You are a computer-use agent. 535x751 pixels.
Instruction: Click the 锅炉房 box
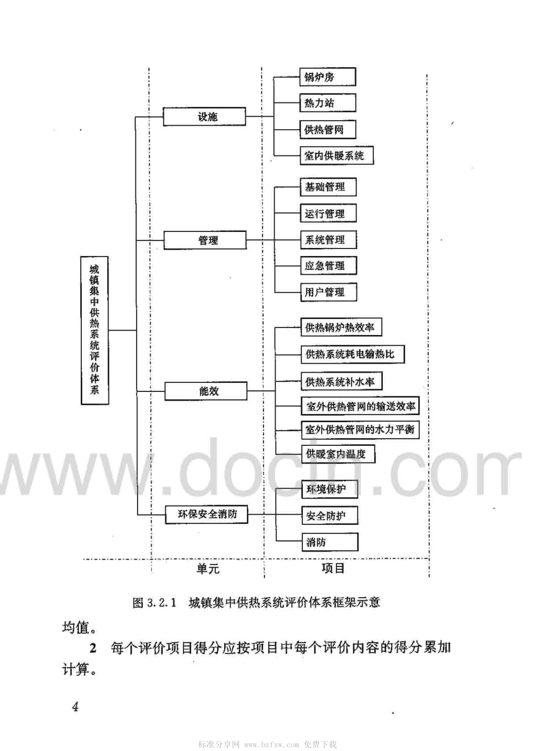(x=328, y=77)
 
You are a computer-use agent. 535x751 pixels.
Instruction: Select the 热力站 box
(x=328, y=103)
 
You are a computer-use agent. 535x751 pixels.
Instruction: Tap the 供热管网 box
(x=328, y=129)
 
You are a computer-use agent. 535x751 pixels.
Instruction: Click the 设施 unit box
(x=204, y=117)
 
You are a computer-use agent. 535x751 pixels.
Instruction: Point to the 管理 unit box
(x=205, y=240)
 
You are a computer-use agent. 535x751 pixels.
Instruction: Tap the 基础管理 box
(x=328, y=187)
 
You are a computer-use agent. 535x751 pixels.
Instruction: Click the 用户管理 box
(x=328, y=292)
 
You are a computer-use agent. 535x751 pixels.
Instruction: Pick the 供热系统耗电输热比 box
(x=353, y=355)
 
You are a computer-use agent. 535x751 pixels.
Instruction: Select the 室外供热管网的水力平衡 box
(x=360, y=430)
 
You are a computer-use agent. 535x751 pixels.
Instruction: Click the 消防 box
(x=330, y=542)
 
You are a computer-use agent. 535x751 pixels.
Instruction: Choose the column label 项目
(x=333, y=568)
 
